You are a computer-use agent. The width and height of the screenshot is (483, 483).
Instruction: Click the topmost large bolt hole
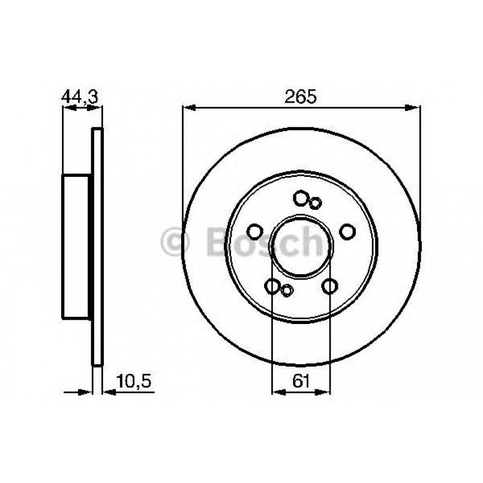coord(301,197)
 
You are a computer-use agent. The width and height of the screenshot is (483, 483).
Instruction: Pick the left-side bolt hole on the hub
coord(256,231)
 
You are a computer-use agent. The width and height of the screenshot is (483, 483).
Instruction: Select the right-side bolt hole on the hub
coord(347,231)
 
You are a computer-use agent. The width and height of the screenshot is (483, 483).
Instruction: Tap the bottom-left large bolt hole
coord(273,286)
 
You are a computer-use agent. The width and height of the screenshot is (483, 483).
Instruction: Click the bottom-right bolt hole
coord(329,286)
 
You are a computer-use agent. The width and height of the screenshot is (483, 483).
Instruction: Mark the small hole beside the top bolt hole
coord(316,202)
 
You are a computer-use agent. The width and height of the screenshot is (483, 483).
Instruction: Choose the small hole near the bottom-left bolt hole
coord(287,291)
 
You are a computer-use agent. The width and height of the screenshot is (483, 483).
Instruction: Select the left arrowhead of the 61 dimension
coord(277,392)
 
